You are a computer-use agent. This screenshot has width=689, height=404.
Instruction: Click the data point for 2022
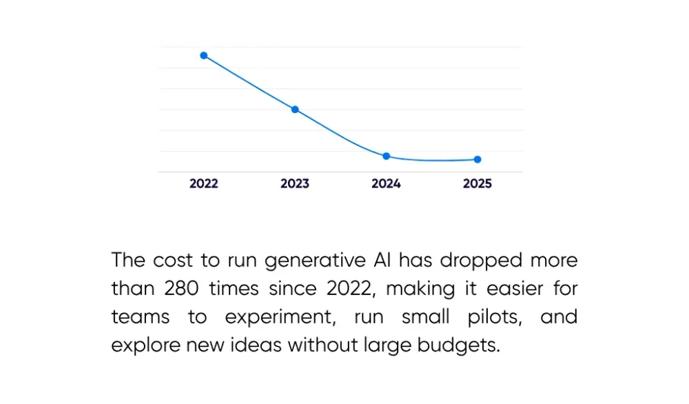coord(204,55)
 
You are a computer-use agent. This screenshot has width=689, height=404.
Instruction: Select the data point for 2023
coord(295,110)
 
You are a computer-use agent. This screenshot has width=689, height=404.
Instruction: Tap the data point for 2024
coord(387,156)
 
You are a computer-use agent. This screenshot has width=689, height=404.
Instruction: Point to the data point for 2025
coord(477,159)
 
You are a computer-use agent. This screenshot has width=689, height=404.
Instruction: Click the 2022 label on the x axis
coord(204,184)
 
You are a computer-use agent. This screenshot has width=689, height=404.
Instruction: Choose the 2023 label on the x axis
coord(295,184)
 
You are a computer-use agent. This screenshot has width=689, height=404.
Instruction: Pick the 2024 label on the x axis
coord(386,184)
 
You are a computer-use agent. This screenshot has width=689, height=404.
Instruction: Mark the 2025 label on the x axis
coord(477,184)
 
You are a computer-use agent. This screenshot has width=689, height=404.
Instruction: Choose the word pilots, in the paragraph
coord(487,317)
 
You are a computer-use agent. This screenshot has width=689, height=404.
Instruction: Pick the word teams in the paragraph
coord(138,317)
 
